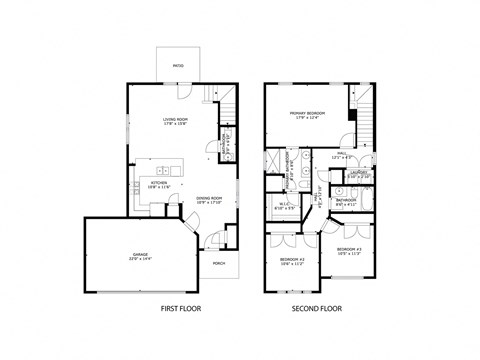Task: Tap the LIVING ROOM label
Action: [177, 119]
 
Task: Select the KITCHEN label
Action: [158, 183]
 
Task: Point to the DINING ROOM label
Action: [208, 197]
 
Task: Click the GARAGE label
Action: [139, 254]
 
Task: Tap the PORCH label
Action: [218, 263]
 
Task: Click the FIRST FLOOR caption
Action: [180, 309]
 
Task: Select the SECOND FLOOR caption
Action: [317, 309]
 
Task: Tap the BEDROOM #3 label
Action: [348, 248]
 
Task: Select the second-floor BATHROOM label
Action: [346, 200]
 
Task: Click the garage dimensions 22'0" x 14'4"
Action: [139, 259]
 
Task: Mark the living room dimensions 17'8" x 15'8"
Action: [177, 125]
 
